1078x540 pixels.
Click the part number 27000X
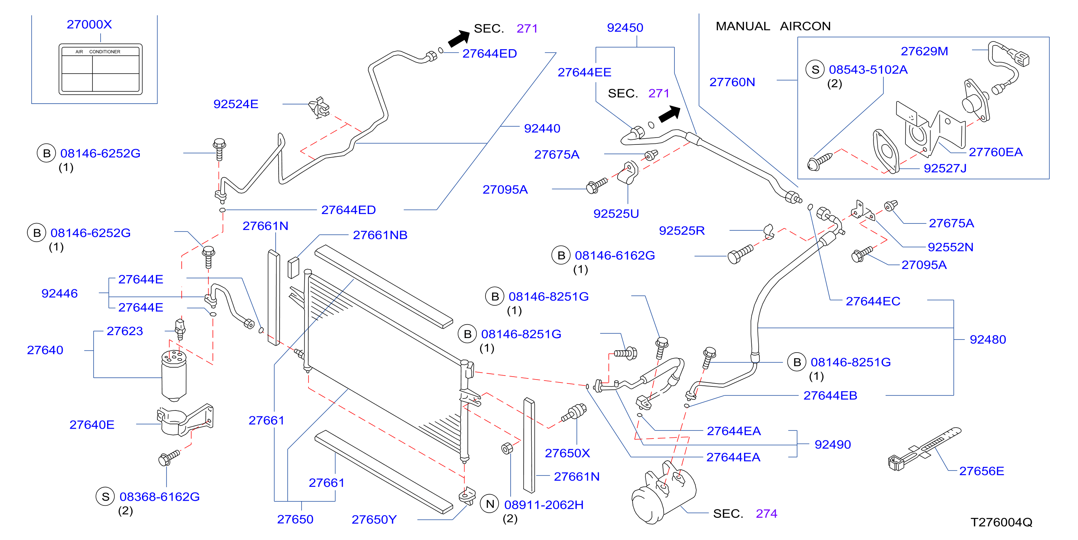89,24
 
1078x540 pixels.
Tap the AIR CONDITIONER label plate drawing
101,69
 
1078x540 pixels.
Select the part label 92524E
236,104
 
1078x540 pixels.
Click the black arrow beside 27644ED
459,39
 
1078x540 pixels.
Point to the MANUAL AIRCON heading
773,26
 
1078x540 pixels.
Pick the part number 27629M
924,51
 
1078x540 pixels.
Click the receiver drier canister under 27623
174,376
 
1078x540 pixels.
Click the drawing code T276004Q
1001,522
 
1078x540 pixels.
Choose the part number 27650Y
374,519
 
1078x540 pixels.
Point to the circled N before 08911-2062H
490,504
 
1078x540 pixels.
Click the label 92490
832,444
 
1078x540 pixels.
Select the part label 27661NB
380,235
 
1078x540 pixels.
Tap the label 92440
542,128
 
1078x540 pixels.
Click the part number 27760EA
996,152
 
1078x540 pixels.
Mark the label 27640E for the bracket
92,425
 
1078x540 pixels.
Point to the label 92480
988,339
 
